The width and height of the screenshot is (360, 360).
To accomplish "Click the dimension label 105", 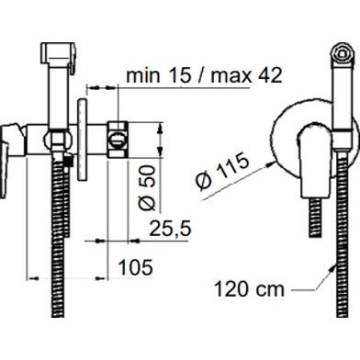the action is pyautogui.click(x=135, y=267).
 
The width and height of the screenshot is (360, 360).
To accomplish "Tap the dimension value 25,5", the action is pyautogui.click(x=171, y=229).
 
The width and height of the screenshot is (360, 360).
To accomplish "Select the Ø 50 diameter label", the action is pyautogui.click(x=146, y=188).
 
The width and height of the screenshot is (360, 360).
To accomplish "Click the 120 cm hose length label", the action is pyautogui.click(x=249, y=288).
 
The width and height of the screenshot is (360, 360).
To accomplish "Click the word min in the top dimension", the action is pyautogui.click(x=143, y=75).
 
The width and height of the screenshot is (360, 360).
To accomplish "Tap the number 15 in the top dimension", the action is pyautogui.click(x=180, y=75).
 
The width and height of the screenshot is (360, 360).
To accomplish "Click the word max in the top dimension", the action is pyautogui.click(x=230, y=76).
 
